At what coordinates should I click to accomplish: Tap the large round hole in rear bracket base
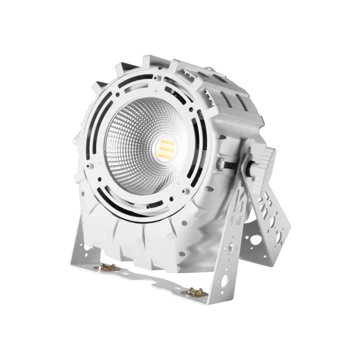[255, 239]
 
